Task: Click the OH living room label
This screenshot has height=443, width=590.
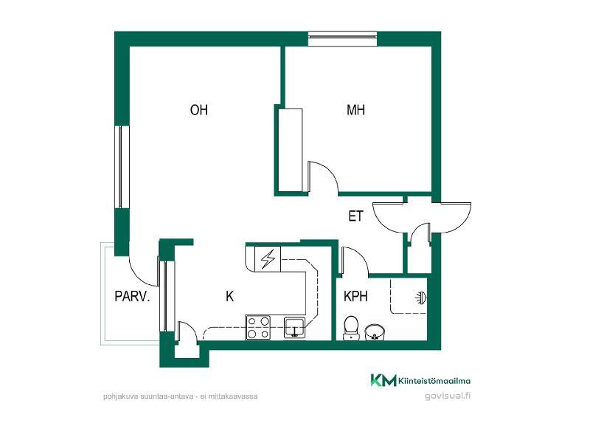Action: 198,110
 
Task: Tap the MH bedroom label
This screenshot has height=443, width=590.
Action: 355,110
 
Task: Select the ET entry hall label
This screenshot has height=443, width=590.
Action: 355,216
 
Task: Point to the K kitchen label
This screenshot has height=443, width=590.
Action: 229,297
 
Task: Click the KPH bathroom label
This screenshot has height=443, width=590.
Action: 355,297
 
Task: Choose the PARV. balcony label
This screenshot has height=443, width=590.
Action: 132,297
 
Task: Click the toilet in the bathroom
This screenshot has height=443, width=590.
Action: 351,328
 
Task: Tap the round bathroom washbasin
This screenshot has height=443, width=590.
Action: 375,332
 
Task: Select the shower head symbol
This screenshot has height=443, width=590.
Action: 420,298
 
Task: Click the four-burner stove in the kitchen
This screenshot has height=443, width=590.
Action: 258,327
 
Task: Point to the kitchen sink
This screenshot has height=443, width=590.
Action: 294,327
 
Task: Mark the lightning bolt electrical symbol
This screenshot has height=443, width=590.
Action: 268,259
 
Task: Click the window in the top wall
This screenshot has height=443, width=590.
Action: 342,39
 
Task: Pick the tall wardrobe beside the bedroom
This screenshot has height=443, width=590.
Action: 290,150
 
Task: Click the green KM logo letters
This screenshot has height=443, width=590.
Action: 383,380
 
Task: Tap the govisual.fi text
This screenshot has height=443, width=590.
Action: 448,396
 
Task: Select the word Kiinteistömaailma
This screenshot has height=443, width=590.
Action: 434,381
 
